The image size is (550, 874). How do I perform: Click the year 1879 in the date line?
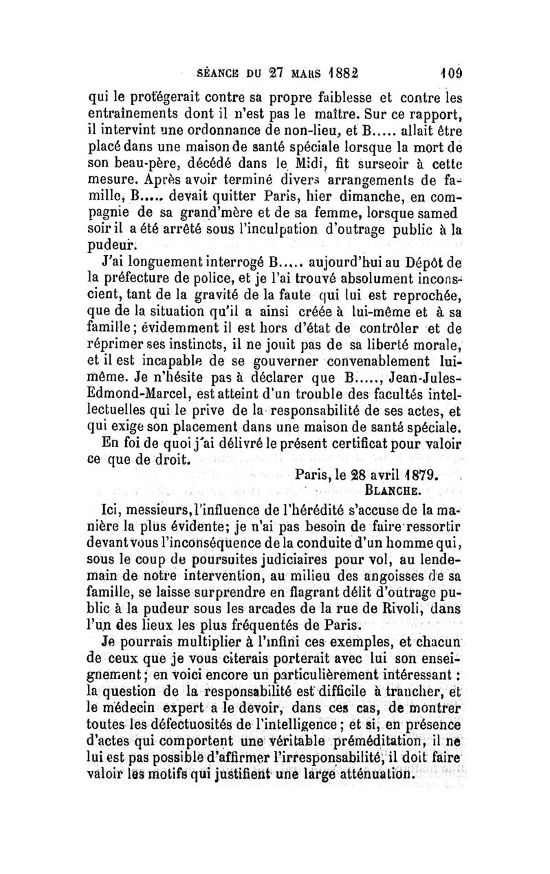point(420,476)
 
